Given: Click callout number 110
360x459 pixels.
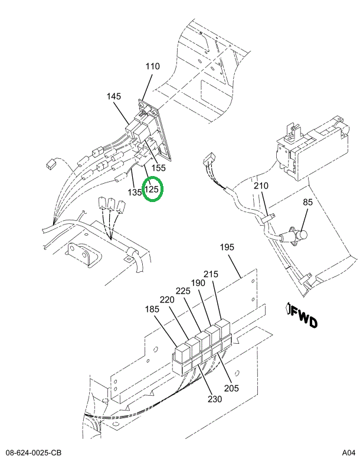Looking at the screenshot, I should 152,67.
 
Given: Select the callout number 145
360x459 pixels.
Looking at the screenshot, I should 114,96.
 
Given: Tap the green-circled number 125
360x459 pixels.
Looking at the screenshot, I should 153,190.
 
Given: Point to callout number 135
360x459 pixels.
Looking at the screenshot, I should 135,192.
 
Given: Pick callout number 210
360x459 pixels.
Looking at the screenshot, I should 261,186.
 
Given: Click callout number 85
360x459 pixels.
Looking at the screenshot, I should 308,203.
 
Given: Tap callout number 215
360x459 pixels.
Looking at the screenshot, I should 211,274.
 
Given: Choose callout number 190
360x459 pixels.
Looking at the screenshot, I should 198,283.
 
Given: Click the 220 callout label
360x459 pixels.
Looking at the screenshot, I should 167,300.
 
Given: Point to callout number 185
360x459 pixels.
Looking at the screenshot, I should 153,308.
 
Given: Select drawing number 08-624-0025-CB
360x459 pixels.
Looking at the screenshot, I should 34,453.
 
